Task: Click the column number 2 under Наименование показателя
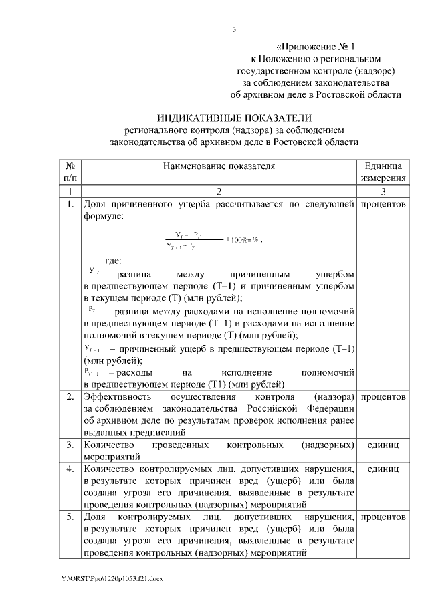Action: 218,192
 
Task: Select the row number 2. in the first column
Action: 70,398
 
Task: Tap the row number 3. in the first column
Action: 70,445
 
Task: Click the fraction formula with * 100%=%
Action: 213,241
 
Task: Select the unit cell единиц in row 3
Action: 383,445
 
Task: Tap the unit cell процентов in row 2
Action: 383,398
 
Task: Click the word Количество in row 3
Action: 108,445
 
